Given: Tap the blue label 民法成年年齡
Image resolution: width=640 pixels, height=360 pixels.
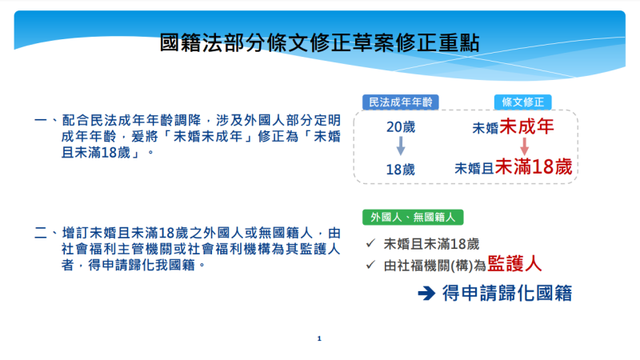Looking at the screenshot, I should [400, 102].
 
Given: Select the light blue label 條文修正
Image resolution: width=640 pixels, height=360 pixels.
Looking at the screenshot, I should [522, 102].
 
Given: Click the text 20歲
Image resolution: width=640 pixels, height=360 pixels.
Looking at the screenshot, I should [400, 127].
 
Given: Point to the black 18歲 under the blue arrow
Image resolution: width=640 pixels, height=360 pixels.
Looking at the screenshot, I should [400, 170].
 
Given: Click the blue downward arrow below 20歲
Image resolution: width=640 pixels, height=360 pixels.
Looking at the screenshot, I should [400, 147].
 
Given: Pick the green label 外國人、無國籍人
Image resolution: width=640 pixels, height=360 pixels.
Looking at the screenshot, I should [412, 217].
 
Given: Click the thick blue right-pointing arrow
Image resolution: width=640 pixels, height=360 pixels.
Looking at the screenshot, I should [425, 294].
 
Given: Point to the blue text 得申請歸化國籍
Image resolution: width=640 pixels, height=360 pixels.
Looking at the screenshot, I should [507, 293].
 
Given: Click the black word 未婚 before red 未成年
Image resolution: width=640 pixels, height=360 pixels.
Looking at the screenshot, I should [486, 127].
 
